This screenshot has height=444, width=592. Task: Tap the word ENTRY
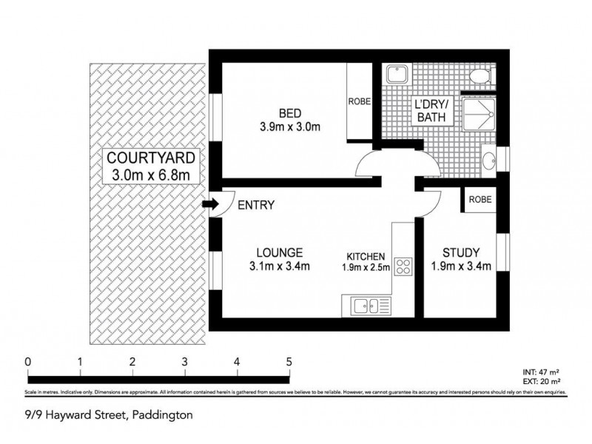257,205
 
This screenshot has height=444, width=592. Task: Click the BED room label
289,112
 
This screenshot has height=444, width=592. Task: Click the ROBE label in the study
480,199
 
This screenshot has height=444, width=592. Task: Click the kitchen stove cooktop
403,266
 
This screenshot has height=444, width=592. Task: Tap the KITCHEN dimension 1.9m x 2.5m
366,267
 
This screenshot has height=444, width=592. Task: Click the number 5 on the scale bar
289,361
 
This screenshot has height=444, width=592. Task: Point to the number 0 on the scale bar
27,361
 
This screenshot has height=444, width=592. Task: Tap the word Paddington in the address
162,415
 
